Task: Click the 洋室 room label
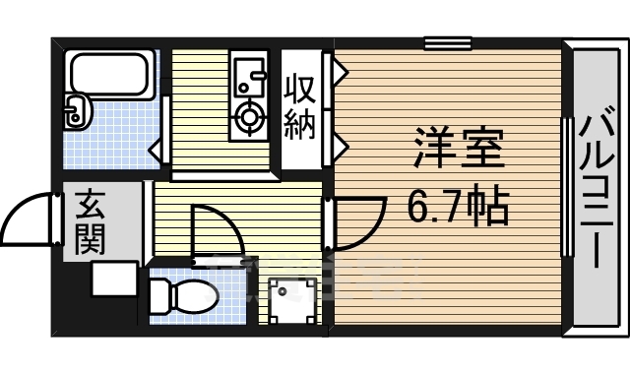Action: (458, 149)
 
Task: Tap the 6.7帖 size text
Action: (458, 206)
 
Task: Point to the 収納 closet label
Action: (301, 107)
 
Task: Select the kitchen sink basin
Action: (247, 75)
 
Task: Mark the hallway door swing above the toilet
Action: (215, 232)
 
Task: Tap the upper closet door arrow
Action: (337, 72)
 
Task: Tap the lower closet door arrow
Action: (337, 148)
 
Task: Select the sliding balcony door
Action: (567, 186)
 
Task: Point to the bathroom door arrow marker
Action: (155, 150)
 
